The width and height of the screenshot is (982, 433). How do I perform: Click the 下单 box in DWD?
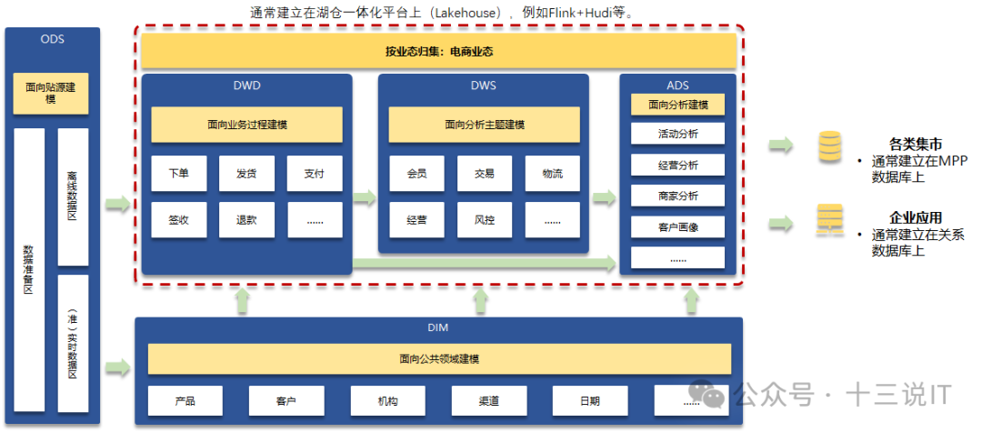pos(178,174)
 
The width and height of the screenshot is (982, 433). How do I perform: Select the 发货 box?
pos(246,174)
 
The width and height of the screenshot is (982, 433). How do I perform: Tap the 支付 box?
pos(315,174)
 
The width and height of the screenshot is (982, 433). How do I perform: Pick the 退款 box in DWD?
pos(246,220)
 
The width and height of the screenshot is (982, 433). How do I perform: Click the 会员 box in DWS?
pos(416,174)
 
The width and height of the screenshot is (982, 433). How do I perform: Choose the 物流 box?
pos(552,174)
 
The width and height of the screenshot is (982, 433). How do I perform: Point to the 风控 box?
pos(485,220)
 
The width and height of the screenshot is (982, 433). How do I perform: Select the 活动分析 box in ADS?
pos(678,134)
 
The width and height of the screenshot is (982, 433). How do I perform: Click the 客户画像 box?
pos(678,227)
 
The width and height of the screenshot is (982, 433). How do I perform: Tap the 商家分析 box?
pos(678,196)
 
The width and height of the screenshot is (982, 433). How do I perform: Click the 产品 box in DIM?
pos(185,400)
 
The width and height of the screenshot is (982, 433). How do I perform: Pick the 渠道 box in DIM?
pos(488,400)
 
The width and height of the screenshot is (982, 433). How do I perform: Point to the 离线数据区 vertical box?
pos(73,196)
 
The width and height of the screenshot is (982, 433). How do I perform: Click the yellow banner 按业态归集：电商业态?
pos(438,52)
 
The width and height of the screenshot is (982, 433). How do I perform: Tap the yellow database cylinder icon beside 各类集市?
pos(829,147)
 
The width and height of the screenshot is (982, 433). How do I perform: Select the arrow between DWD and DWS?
pos(365,197)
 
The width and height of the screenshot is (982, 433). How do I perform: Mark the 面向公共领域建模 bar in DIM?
pos(438,359)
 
